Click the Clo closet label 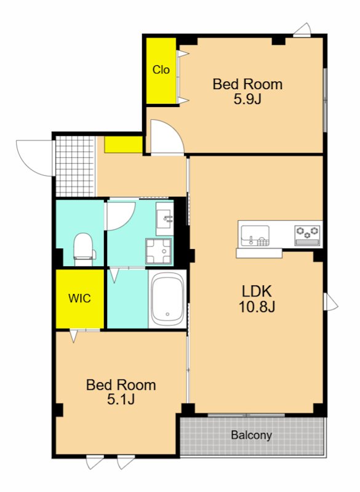click(161, 69)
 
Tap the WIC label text click(80, 298)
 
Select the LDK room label click(257, 292)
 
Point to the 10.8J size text click(257, 306)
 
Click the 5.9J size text click(247, 99)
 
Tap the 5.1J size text click(121, 399)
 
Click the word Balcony click(252, 435)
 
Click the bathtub click(167, 300)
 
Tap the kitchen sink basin click(255, 236)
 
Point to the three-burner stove click(307, 236)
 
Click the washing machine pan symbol click(159, 251)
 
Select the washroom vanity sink click(165, 218)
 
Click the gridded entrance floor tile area click(74, 166)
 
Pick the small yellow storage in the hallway click(123, 145)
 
